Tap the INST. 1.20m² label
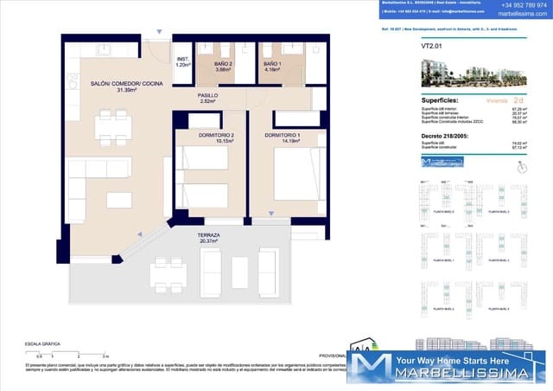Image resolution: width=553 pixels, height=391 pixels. click(182, 62)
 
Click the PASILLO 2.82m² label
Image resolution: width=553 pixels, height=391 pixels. click(207, 99)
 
